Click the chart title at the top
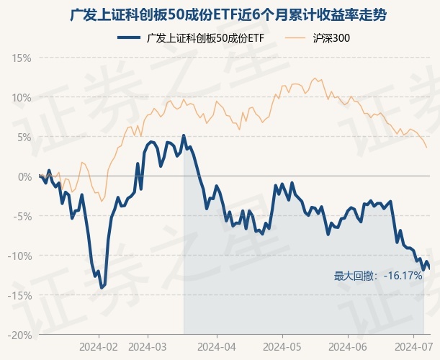tap(220, 14)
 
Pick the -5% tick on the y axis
tap(22, 216)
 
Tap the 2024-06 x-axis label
tap(348, 347)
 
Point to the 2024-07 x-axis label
tap(412, 347)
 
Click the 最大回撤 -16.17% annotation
tap(378, 276)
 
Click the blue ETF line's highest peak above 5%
tap(184, 135)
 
